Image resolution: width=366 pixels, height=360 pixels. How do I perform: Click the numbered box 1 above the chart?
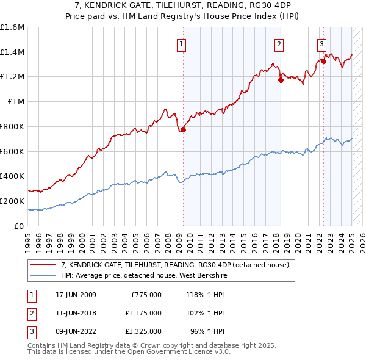coord(182,43)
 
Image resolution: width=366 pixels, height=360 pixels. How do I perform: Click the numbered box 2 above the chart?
coord(279,43)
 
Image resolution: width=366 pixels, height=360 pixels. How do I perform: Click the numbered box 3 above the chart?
coord(321,43)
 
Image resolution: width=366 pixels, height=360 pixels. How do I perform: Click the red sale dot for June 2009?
coord(183,129)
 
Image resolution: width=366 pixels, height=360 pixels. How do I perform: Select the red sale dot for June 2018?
coord(281,79)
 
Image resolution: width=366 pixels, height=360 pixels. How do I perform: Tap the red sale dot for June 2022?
coord(323,60)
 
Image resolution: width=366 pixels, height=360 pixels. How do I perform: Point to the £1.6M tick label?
coord(12,27)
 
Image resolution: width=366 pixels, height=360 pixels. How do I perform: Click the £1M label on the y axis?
coord(16,102)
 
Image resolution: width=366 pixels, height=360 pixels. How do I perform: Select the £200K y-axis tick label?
coord(12,201)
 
